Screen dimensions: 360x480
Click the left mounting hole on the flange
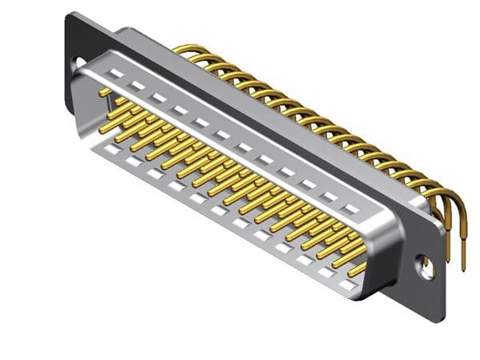80,62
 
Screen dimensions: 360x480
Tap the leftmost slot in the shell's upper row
116,74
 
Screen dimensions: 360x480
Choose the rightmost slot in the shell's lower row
346,284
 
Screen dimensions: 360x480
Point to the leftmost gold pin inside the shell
105,93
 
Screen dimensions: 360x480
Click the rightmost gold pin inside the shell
357,269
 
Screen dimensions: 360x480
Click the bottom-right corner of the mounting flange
437,322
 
